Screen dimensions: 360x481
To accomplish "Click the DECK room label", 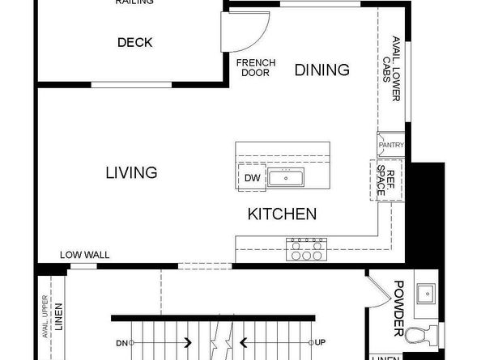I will (x=134, y=43).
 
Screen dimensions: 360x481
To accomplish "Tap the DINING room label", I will (x=321, y=70).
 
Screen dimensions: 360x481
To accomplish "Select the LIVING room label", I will (x=130, y=172).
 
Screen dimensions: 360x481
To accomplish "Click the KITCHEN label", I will (x=281, y=214).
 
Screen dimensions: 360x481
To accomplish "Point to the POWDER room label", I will (x=398, y=308).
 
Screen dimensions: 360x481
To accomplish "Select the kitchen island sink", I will (x=285, y=178).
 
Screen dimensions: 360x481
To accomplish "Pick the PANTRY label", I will (x=390, y=145).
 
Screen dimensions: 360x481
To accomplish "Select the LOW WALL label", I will (x=84, y=255).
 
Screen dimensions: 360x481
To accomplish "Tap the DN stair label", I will (x=121, y=342).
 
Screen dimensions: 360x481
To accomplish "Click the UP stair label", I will (x=320, y=342).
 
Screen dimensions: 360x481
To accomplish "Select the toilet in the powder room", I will (x=421, y=333).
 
